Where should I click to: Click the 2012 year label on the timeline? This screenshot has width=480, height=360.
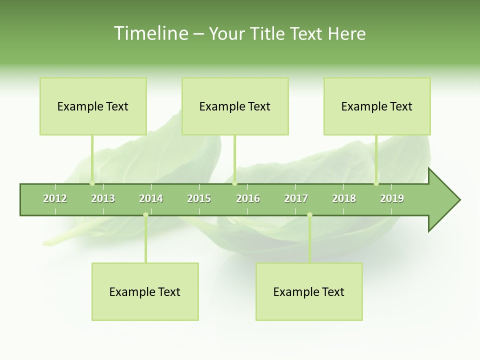coord(55,198)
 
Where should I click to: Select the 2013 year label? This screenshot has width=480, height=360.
coord(103,198)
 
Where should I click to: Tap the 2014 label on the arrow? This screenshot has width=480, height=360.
coord(151,198)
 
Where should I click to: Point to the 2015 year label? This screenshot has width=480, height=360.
coord(199,198)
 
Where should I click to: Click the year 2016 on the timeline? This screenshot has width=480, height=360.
coord(248,198)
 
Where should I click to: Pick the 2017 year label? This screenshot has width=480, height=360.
coord(296,198)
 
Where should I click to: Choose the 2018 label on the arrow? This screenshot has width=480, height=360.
coord(344,198)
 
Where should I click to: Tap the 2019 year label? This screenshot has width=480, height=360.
coord(392,198)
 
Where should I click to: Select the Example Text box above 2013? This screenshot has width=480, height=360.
coord(93,106)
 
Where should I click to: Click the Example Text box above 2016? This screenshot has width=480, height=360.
coord(235,106)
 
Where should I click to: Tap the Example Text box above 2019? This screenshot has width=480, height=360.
coord(377,106)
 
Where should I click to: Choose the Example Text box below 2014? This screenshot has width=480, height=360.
coord(145,291)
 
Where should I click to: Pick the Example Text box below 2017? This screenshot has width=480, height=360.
coord(309,291)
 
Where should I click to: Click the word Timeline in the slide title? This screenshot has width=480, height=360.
coord(150,33)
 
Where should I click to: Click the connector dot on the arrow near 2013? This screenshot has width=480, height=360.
coord(92,183)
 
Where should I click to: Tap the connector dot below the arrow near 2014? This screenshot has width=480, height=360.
coord(145,214)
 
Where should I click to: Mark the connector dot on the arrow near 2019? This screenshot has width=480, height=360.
coord(376,183)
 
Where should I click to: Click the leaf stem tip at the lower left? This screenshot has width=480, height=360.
coord(44,243)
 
